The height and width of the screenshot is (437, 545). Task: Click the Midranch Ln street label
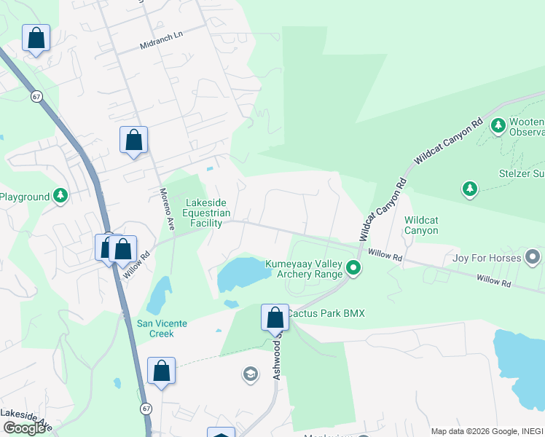pyautogui.click(x=160, y=45)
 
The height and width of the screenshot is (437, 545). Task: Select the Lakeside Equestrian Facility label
pyautogui.click(x=207, y=213)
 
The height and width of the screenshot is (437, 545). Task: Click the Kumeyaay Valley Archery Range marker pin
pyautogui.click(x=353, y=268)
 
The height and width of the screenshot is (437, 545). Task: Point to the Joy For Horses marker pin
pyautogui.click(x=533, y=257)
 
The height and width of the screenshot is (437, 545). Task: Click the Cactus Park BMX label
pyautogui.click(x=325, y=313)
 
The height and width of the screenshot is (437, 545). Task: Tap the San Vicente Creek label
pyautogui.click(x=156, y=328)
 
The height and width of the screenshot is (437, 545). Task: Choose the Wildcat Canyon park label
pyautogui.click(x=421, y=225)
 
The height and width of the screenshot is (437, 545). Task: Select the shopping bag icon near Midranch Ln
pyautogui.click(x=36, y=38)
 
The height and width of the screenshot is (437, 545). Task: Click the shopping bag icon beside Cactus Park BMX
pyautogui.click(x=275, y=318)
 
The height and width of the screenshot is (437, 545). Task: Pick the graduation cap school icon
pyautogui.click(x=250, y=374)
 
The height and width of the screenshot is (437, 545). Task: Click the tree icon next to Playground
pyautogui.click(x=60, y=196)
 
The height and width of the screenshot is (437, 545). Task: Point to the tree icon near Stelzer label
pyautogui.click(x=470, y=189)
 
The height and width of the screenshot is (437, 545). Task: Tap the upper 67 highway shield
pyautogui.click(x=36, y=97)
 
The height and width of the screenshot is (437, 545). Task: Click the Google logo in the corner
pyautogui.click(x=24, y=428)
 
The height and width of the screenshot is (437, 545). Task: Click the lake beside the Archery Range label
pyautogui.click(x=243, y=275)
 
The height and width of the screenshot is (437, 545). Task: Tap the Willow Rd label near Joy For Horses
pyautogui.click(x=493, y=279)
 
